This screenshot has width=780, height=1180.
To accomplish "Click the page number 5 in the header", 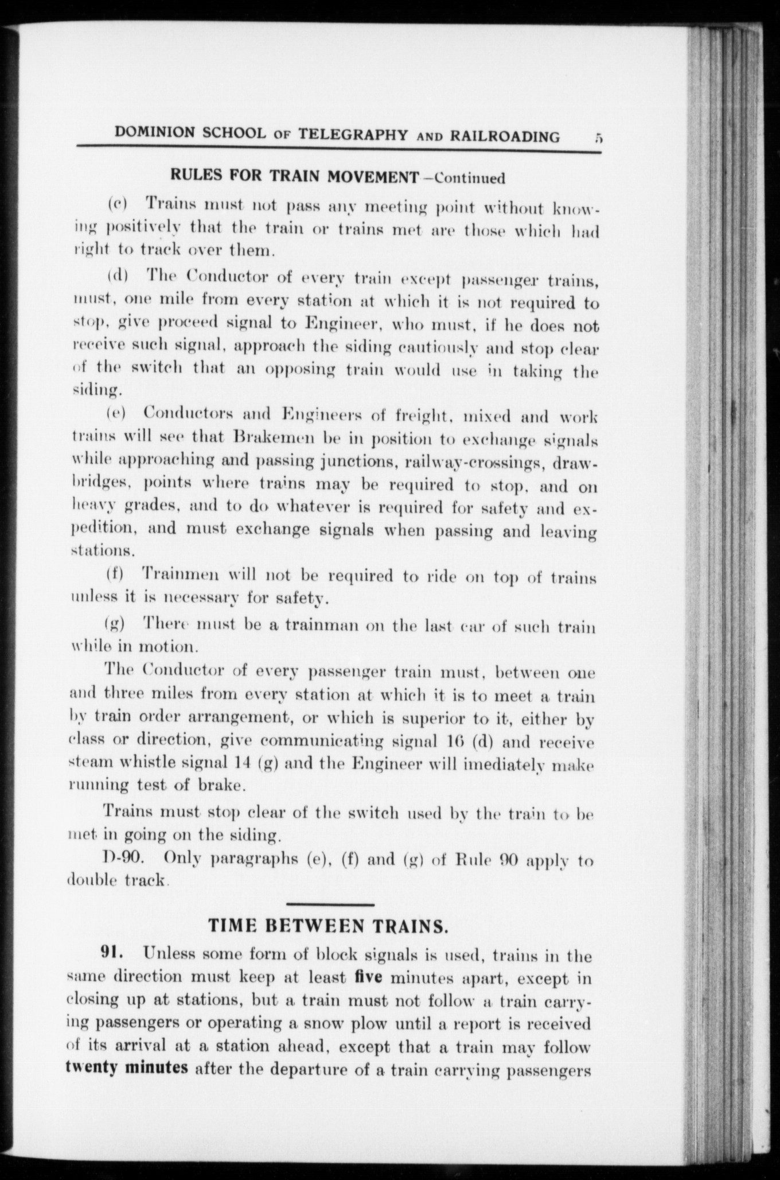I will coord(598,137).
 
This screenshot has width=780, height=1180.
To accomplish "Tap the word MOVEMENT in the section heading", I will coord(373,176).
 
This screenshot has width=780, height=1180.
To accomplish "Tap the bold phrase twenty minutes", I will coord(127,1069).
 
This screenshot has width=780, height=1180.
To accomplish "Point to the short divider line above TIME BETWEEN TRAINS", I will coord(329,905).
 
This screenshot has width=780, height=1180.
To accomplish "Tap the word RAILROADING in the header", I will coord(505,136).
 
